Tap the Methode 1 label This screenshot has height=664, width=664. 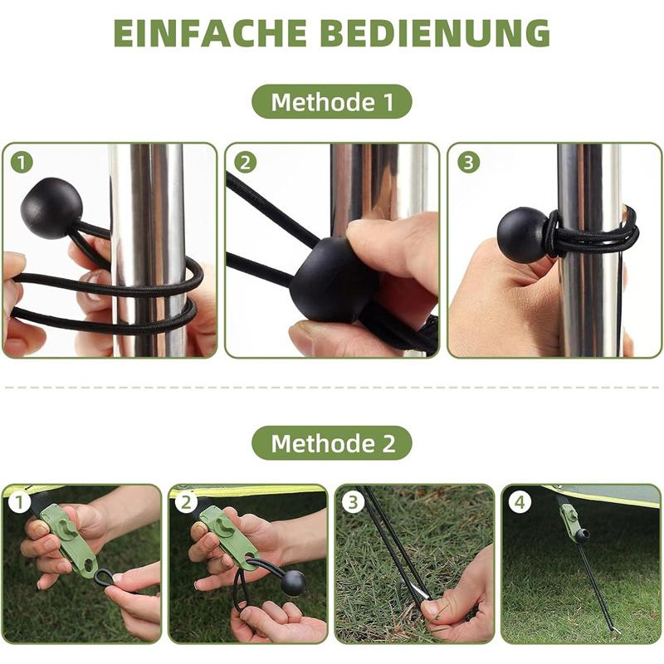click(x=332, y=102)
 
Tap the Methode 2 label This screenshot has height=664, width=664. click(x=332, y=443)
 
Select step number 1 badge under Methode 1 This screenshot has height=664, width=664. click(x=22, y=162)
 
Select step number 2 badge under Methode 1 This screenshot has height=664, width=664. click(x=244, y=162)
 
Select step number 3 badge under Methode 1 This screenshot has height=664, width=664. click(x=468, y=162)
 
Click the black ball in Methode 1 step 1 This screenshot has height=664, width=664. click(x=51, y=208)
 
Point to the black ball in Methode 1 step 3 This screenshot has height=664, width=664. click(x=523, y=235)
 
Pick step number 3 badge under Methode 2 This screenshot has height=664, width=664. click(x=353, y=502)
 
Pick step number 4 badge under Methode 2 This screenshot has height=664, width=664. click(x=519, y=502)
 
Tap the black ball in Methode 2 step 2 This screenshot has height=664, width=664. click(x=292, y=583)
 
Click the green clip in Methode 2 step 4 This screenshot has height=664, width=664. click(x=570, y=520)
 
